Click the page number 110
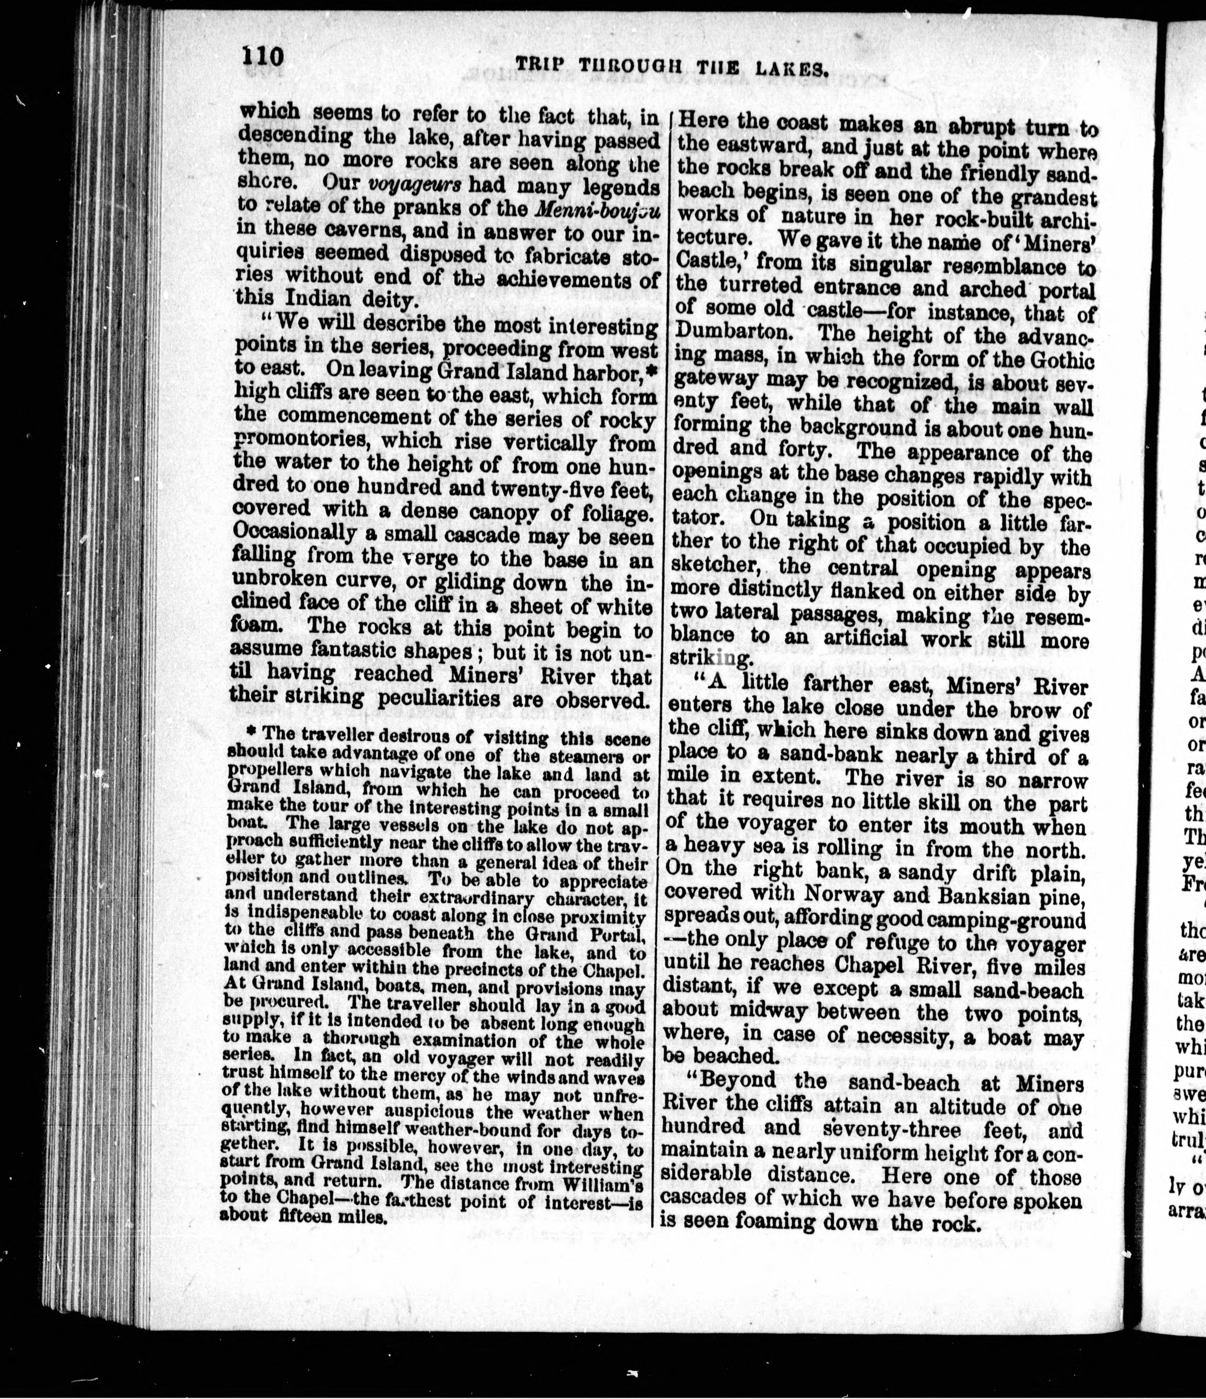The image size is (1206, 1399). click(x=263, y=56)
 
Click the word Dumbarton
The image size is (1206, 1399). click(x=734, y=334)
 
